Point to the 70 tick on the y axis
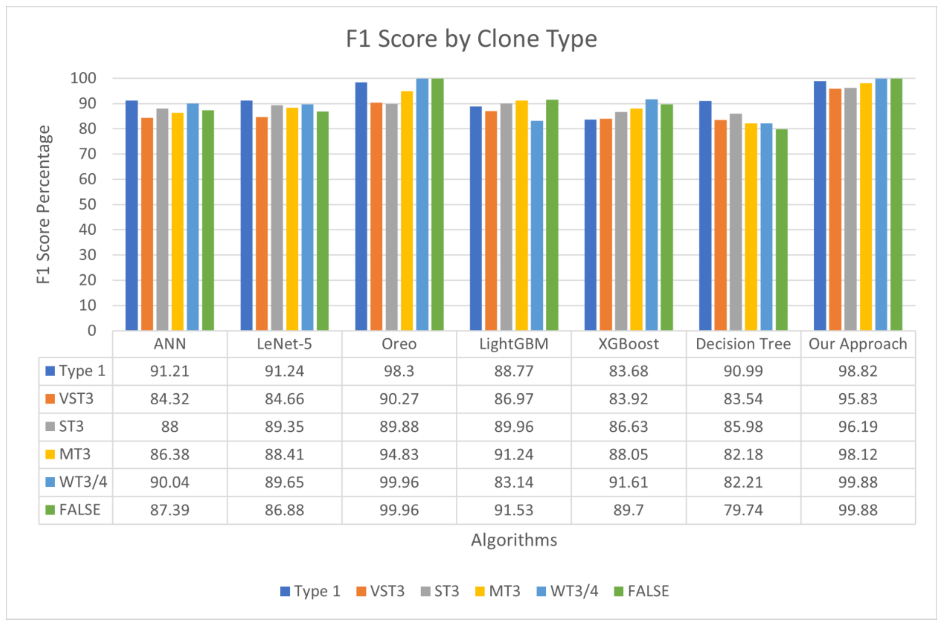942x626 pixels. pyautogui.click(x=87, y=154)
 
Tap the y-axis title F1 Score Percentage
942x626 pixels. pyautogui.click(x=43, y=204)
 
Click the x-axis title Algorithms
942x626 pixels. pyautogui.click(x=514, y=540)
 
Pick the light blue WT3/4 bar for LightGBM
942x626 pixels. pyautogui.click(x=537, y=226)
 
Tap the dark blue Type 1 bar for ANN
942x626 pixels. pyautogui.click(x=131, y=216)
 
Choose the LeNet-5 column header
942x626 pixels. pyautogui.click(x=284, y=344)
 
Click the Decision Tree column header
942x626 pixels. pyautogui.click(x=743, y=344)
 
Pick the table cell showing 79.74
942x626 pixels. pyautogui.click(x=743, y=510)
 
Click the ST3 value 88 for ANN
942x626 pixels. pyautogui.click(x=170, y=426)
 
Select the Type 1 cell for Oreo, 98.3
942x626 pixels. pyautogui.click(x=399, y=371)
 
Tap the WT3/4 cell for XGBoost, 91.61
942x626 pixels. pyautogui.click(x=628, y=482)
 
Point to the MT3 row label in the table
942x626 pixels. pyautogui.click(x=75, y=454)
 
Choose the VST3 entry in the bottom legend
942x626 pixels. pyautogui.click(x=387, y=591)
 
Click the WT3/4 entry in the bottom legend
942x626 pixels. pyautogui.click(x=574, y=591)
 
